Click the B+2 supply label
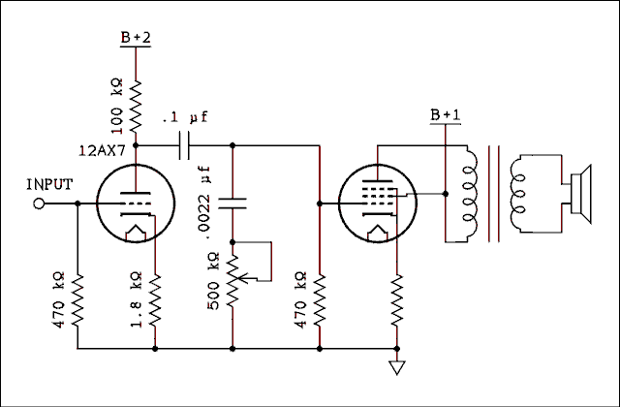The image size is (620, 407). (136, 38)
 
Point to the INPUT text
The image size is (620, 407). (49, 184)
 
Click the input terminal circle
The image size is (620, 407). (40, 203)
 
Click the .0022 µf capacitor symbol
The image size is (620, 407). (232, 203)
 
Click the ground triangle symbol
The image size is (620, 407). (395, 368)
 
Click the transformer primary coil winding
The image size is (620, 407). (470, 194)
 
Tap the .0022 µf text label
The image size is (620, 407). (205, 198)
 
